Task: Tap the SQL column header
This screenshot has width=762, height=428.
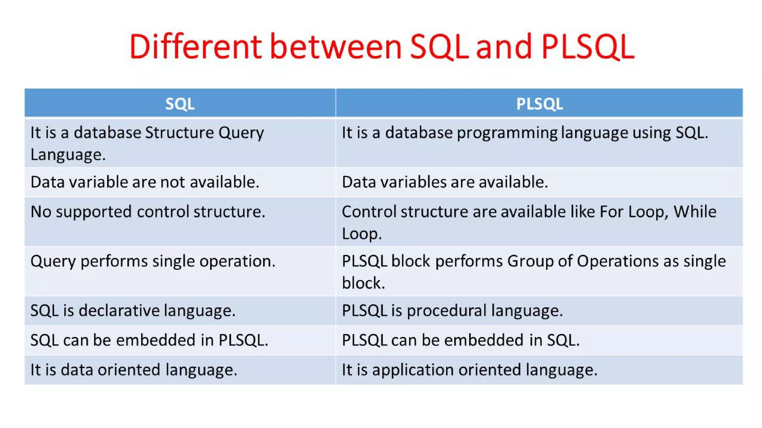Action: click(x=180, y=104)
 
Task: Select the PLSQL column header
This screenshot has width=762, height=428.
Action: click(x=539, y=104)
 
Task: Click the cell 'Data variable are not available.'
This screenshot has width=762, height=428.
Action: click(x=145, y=182)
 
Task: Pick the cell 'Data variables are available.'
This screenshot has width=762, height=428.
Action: click(x=445, y=182)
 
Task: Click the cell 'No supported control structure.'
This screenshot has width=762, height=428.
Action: click(x=148, y=212)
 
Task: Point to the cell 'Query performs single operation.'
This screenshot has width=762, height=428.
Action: click(x=153, y=262)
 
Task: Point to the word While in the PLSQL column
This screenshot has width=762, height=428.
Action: click(x=695, y=212)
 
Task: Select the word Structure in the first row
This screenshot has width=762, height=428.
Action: click(x=179, y=133)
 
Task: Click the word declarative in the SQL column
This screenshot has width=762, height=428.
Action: click(x=119, y=311)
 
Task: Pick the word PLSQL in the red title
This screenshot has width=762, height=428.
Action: click(x=588, y=47)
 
